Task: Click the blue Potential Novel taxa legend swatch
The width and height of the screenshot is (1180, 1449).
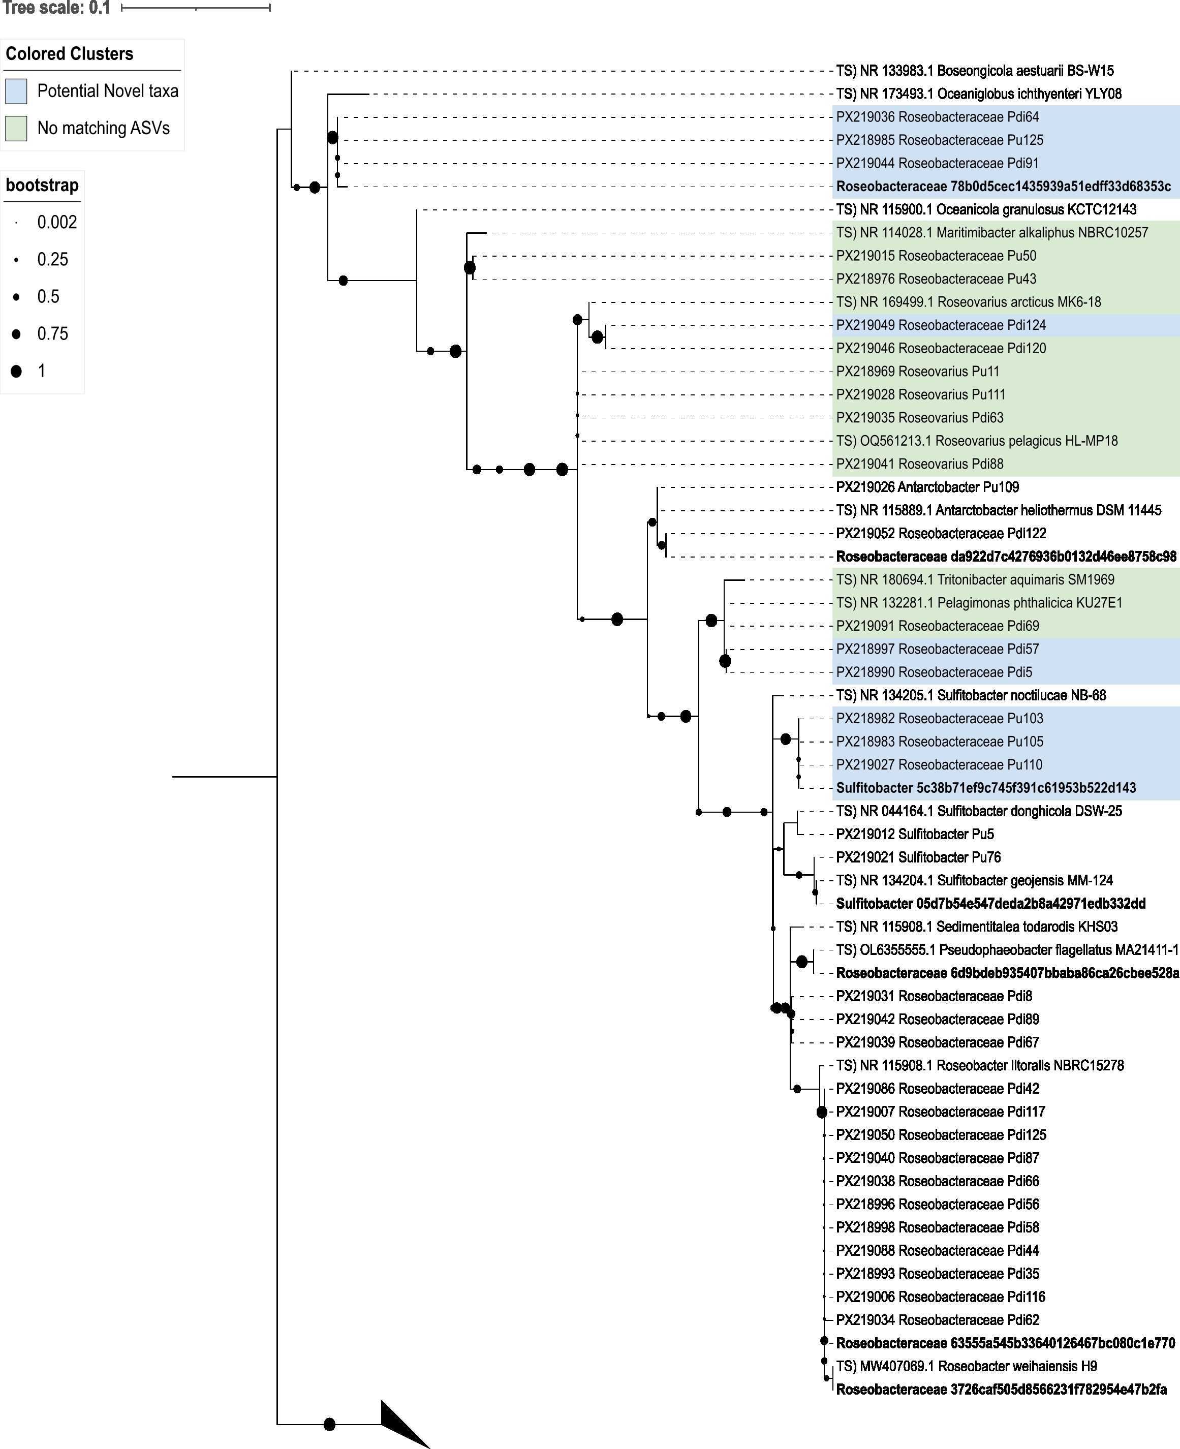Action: point(16,91)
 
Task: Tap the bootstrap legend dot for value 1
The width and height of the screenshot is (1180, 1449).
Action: point(16,371)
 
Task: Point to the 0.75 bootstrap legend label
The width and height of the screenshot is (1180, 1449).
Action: point(52,334)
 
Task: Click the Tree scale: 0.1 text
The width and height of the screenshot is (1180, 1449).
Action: point(56,8)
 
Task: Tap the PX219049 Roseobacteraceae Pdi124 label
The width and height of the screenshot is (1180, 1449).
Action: point(941,325)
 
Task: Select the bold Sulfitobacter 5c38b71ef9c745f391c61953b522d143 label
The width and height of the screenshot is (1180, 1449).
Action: point(985,788)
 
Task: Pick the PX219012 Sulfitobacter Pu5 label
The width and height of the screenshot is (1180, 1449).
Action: point(915,834)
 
